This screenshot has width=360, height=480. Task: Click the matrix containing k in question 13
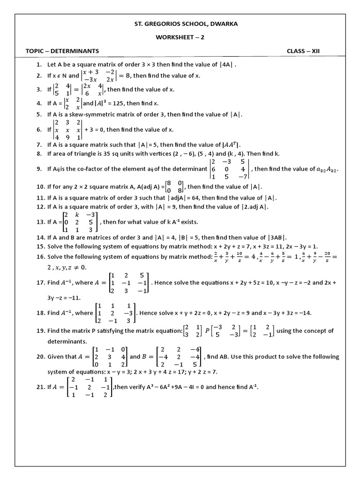coord(80,222)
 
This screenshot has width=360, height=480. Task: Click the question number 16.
coord(40,257)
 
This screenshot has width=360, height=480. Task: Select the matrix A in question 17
coord(128,283)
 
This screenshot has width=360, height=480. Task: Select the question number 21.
coord(40,387)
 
